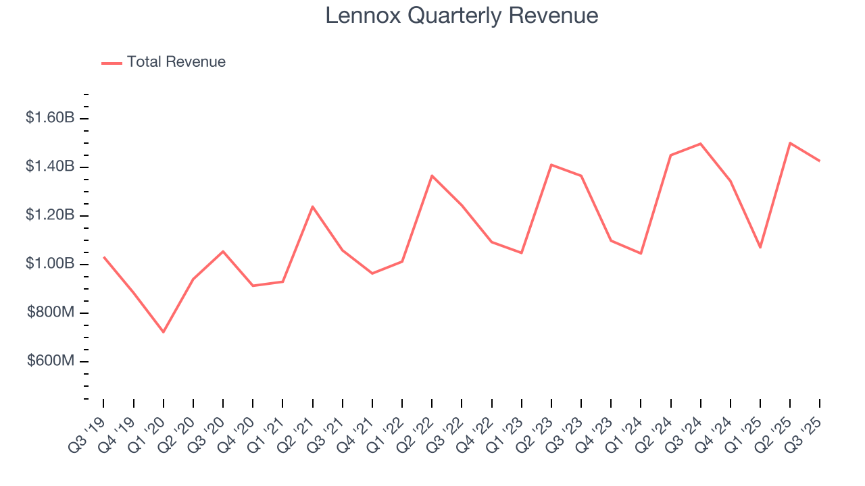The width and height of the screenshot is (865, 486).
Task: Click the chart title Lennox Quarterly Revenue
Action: (x=462, y=16)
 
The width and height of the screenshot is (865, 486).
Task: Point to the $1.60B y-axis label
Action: (x=49, y=118)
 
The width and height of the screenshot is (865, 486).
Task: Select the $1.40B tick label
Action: (x=49, y=167)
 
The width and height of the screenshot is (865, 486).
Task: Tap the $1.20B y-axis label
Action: (x=49, y=215)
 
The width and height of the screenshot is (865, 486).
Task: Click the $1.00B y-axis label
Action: (x=49, y=264)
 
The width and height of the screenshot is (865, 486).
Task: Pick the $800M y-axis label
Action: (x=51, y=313)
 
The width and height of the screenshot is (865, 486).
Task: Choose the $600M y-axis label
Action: (x=51, y=361)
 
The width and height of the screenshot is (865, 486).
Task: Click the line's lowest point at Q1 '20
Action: (x=163, y=332)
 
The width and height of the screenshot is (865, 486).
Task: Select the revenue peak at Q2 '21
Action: (x=312, y=207)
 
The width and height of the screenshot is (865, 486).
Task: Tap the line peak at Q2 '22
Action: (x=432, y=175)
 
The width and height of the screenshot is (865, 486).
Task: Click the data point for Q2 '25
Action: (x=790, y=143)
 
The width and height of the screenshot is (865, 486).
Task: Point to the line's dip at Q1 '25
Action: (x=760, y=247)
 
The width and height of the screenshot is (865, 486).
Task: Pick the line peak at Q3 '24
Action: (x=701, y=144)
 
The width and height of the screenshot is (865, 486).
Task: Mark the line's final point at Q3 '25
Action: (x=820, y=161)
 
